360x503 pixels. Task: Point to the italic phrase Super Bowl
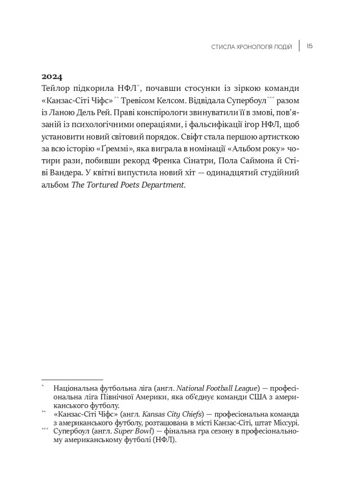click(133, 432)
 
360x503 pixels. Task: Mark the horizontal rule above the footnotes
click(72, 380)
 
